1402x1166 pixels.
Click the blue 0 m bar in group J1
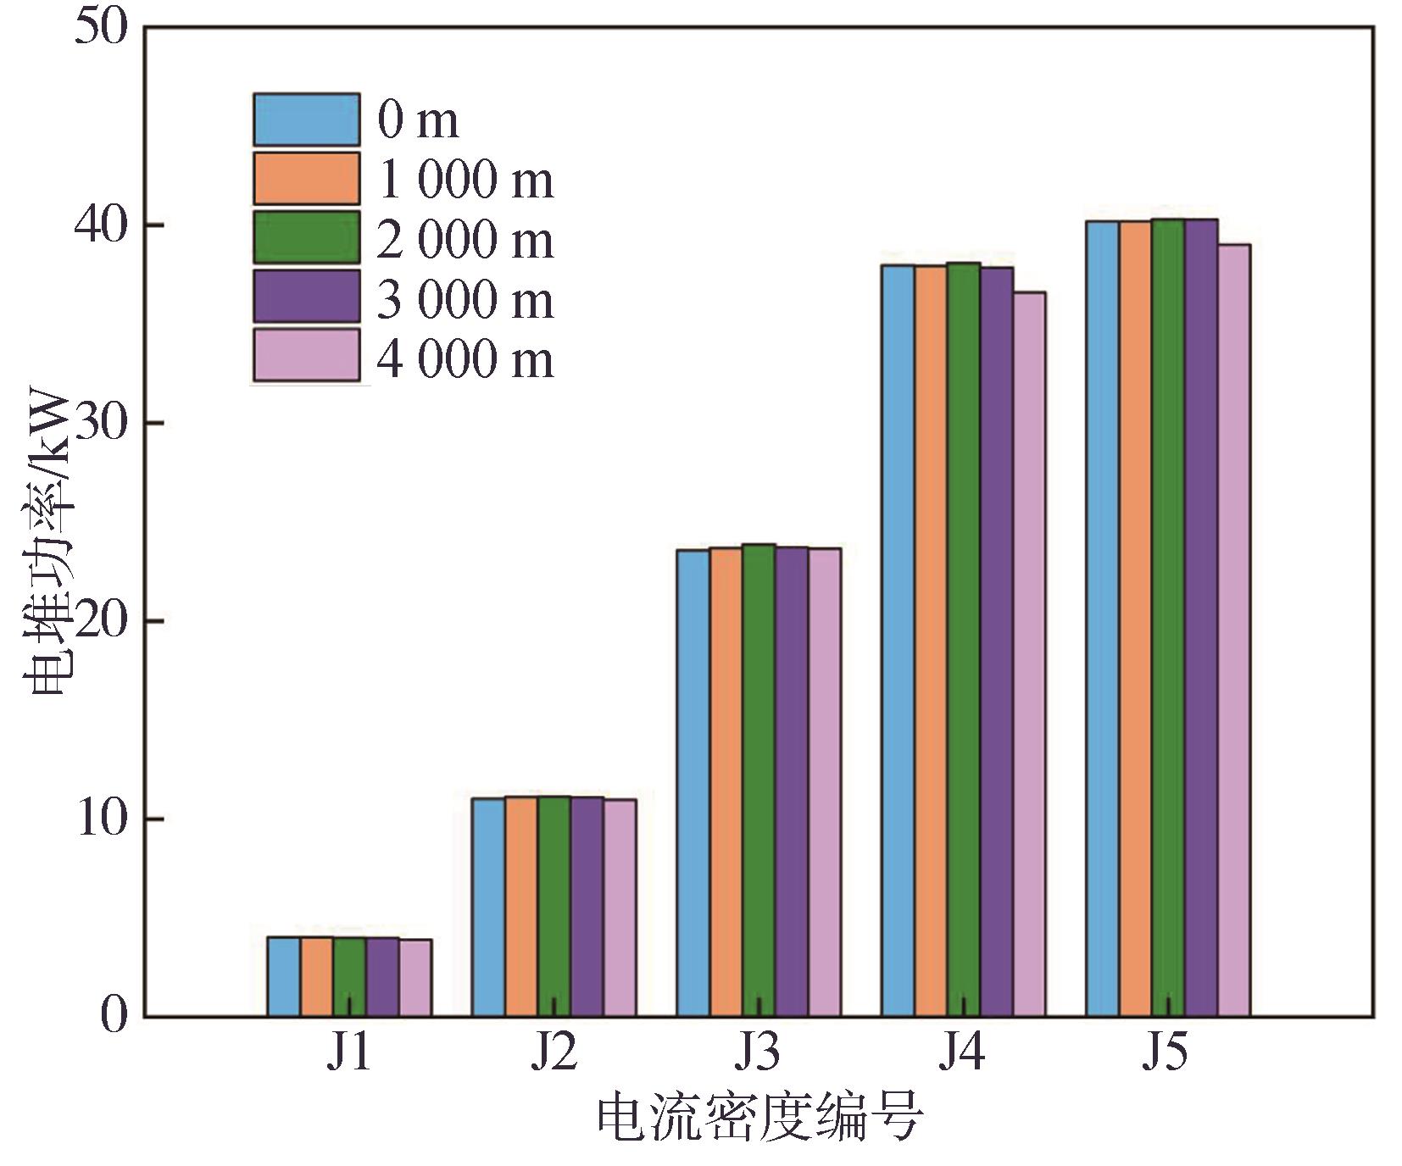coord(283,976)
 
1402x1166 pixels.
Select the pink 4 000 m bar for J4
coord(1029,654)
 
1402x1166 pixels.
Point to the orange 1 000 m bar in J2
coord(521,906)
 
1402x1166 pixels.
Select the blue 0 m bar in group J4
coord(898,641)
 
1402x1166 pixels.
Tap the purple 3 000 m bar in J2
coord(587,906)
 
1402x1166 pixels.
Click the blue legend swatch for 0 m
coord(306,119)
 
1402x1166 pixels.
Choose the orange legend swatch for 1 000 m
coord(306,179)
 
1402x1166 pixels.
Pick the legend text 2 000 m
coord(465,240)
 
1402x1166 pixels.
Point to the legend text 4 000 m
coord(465,359)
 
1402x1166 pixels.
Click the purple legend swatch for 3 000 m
coord(306,297)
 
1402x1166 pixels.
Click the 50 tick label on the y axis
coord(100,28)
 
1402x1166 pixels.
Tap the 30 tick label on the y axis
coord(100,423)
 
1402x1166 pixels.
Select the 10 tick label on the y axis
coord(100,819)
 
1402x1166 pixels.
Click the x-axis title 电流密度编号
coord(759,1119)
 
